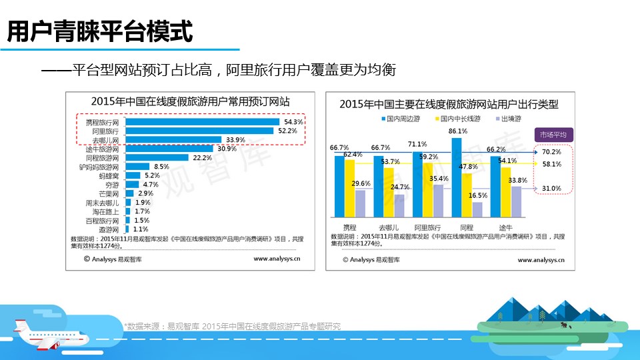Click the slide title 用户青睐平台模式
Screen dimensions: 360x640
(x=100, y=31)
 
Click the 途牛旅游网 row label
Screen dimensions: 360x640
(x=102, y=149)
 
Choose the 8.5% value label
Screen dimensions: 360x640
(x=161, y=167)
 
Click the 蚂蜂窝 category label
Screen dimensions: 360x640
(x=109, y=176)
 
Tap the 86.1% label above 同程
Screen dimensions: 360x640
(x=457, y=131)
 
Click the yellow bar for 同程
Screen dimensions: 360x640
(x=467, y=195)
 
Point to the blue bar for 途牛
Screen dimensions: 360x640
(x=495, y=187)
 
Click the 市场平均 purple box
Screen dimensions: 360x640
(x=553, y=135)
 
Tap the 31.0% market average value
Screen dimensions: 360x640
(x=551, y=189)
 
